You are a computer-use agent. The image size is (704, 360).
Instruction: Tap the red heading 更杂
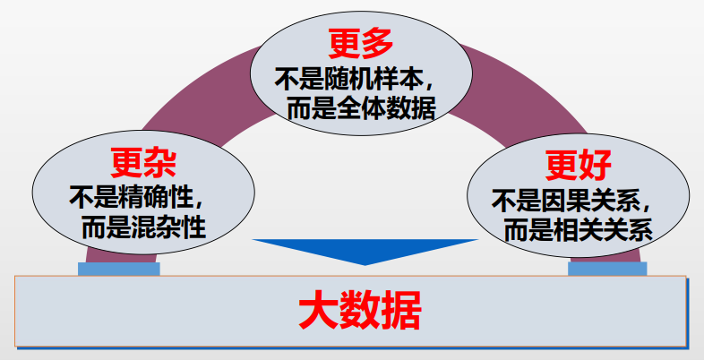(x=142, y=162)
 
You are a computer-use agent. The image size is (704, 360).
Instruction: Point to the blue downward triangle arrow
(x=365, y=250)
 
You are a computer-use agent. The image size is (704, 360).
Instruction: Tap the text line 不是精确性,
(x=143, y=195)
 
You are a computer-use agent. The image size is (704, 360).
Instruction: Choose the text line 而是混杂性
(x=143, y=226)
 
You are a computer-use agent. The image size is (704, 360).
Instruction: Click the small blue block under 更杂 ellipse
(x=118, y=268)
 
